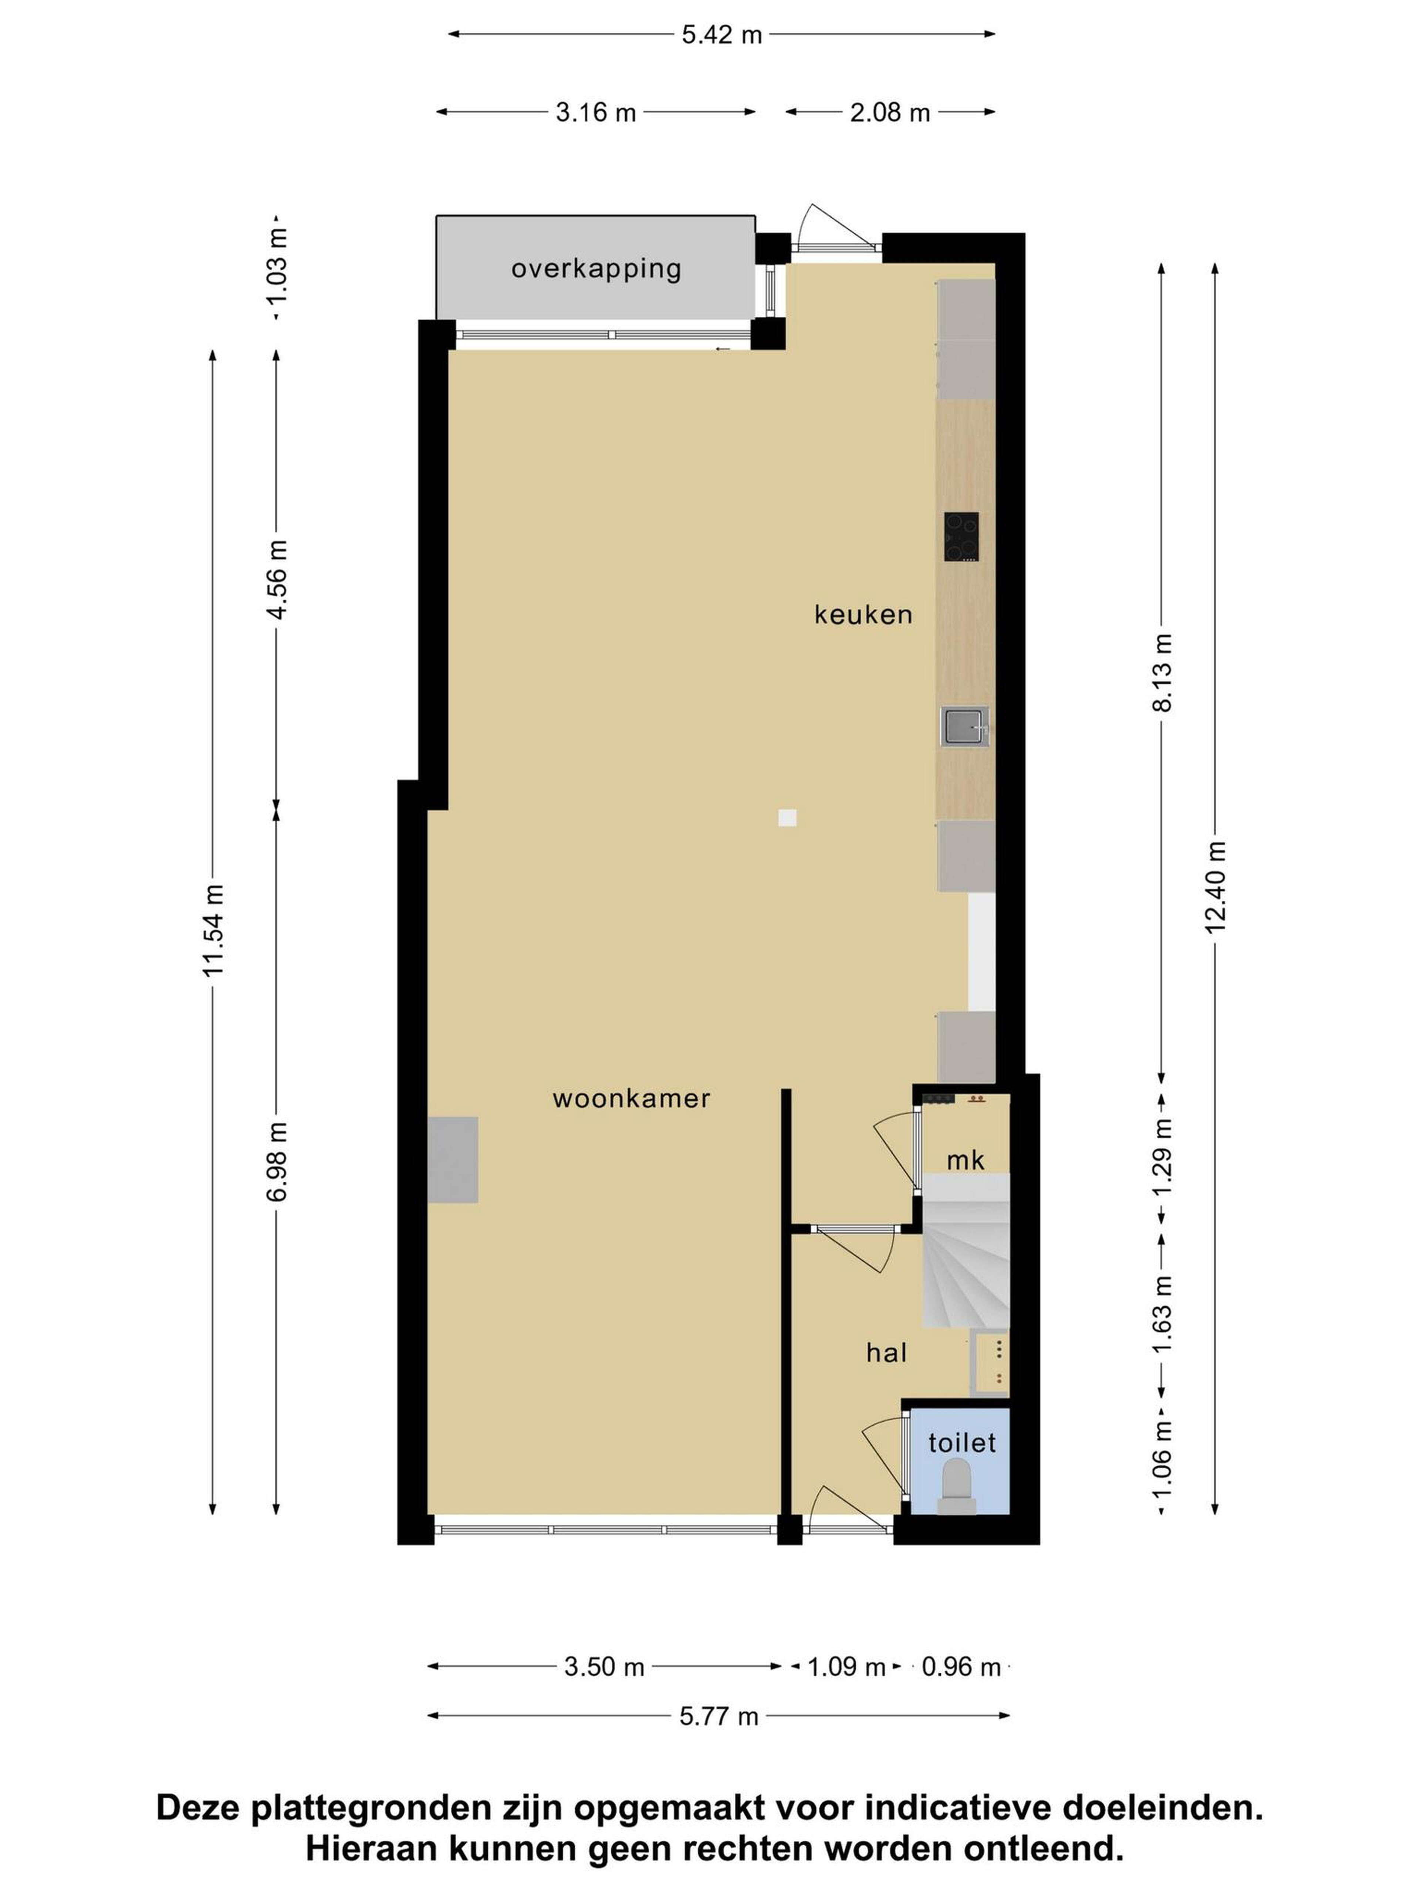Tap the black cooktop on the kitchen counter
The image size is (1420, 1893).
(961, 536)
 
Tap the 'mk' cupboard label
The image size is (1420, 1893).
(966, 1161)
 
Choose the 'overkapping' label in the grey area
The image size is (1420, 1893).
(596, 269)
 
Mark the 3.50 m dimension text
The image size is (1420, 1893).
(604, 1667)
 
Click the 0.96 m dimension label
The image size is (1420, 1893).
(961, 1667)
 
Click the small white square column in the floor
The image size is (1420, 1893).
(787, 818)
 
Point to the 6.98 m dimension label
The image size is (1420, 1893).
(277, 1161)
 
